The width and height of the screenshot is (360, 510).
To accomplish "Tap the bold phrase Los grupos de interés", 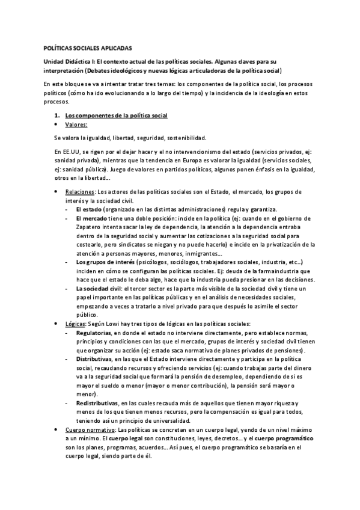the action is pos(105,263).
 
